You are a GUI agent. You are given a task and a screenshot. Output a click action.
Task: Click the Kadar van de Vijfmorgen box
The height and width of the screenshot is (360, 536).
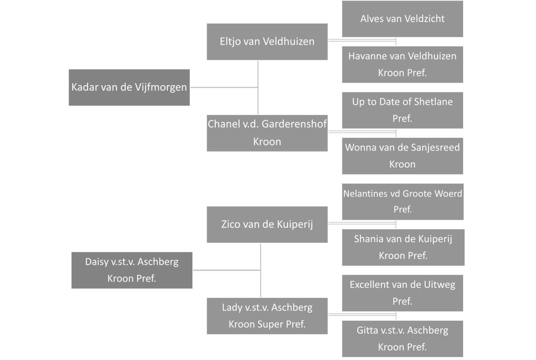(129, 87)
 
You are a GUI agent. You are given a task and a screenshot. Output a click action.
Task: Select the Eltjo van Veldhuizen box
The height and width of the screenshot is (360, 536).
(267, 42)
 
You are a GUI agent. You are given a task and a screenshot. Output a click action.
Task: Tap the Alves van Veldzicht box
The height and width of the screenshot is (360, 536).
(402, 19)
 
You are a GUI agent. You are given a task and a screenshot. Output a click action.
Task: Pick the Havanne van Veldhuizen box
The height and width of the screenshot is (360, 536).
(402, 64)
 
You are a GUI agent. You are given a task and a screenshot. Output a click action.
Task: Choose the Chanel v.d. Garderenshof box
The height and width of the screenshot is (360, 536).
(267, 133)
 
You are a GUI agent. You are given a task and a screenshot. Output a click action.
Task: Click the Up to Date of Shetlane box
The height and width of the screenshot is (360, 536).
(402, 110)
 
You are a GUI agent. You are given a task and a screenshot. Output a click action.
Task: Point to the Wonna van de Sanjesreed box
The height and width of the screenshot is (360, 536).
(402, 156)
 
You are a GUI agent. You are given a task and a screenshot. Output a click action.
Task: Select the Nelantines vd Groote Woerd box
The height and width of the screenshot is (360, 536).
(402, 201)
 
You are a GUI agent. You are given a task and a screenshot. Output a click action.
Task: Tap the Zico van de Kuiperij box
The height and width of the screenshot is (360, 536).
(267, 224)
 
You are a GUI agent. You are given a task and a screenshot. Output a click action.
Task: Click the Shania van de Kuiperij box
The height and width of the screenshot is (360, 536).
(403, 247)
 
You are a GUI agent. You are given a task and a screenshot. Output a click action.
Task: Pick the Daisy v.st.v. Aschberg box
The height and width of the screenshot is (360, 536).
(132, 270)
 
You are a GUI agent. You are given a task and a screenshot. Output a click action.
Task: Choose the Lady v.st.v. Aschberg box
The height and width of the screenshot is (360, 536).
(267, 316)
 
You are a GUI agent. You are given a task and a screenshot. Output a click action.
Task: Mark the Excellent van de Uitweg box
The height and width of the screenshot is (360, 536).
(402, 293)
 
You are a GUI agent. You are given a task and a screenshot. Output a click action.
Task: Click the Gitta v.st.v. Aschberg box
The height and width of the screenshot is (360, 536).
(402, 339)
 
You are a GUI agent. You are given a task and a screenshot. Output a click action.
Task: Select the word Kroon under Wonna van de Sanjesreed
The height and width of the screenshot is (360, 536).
(402, 164)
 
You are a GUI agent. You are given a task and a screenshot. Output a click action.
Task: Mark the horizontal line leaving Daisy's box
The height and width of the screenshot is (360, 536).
(226, 270)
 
